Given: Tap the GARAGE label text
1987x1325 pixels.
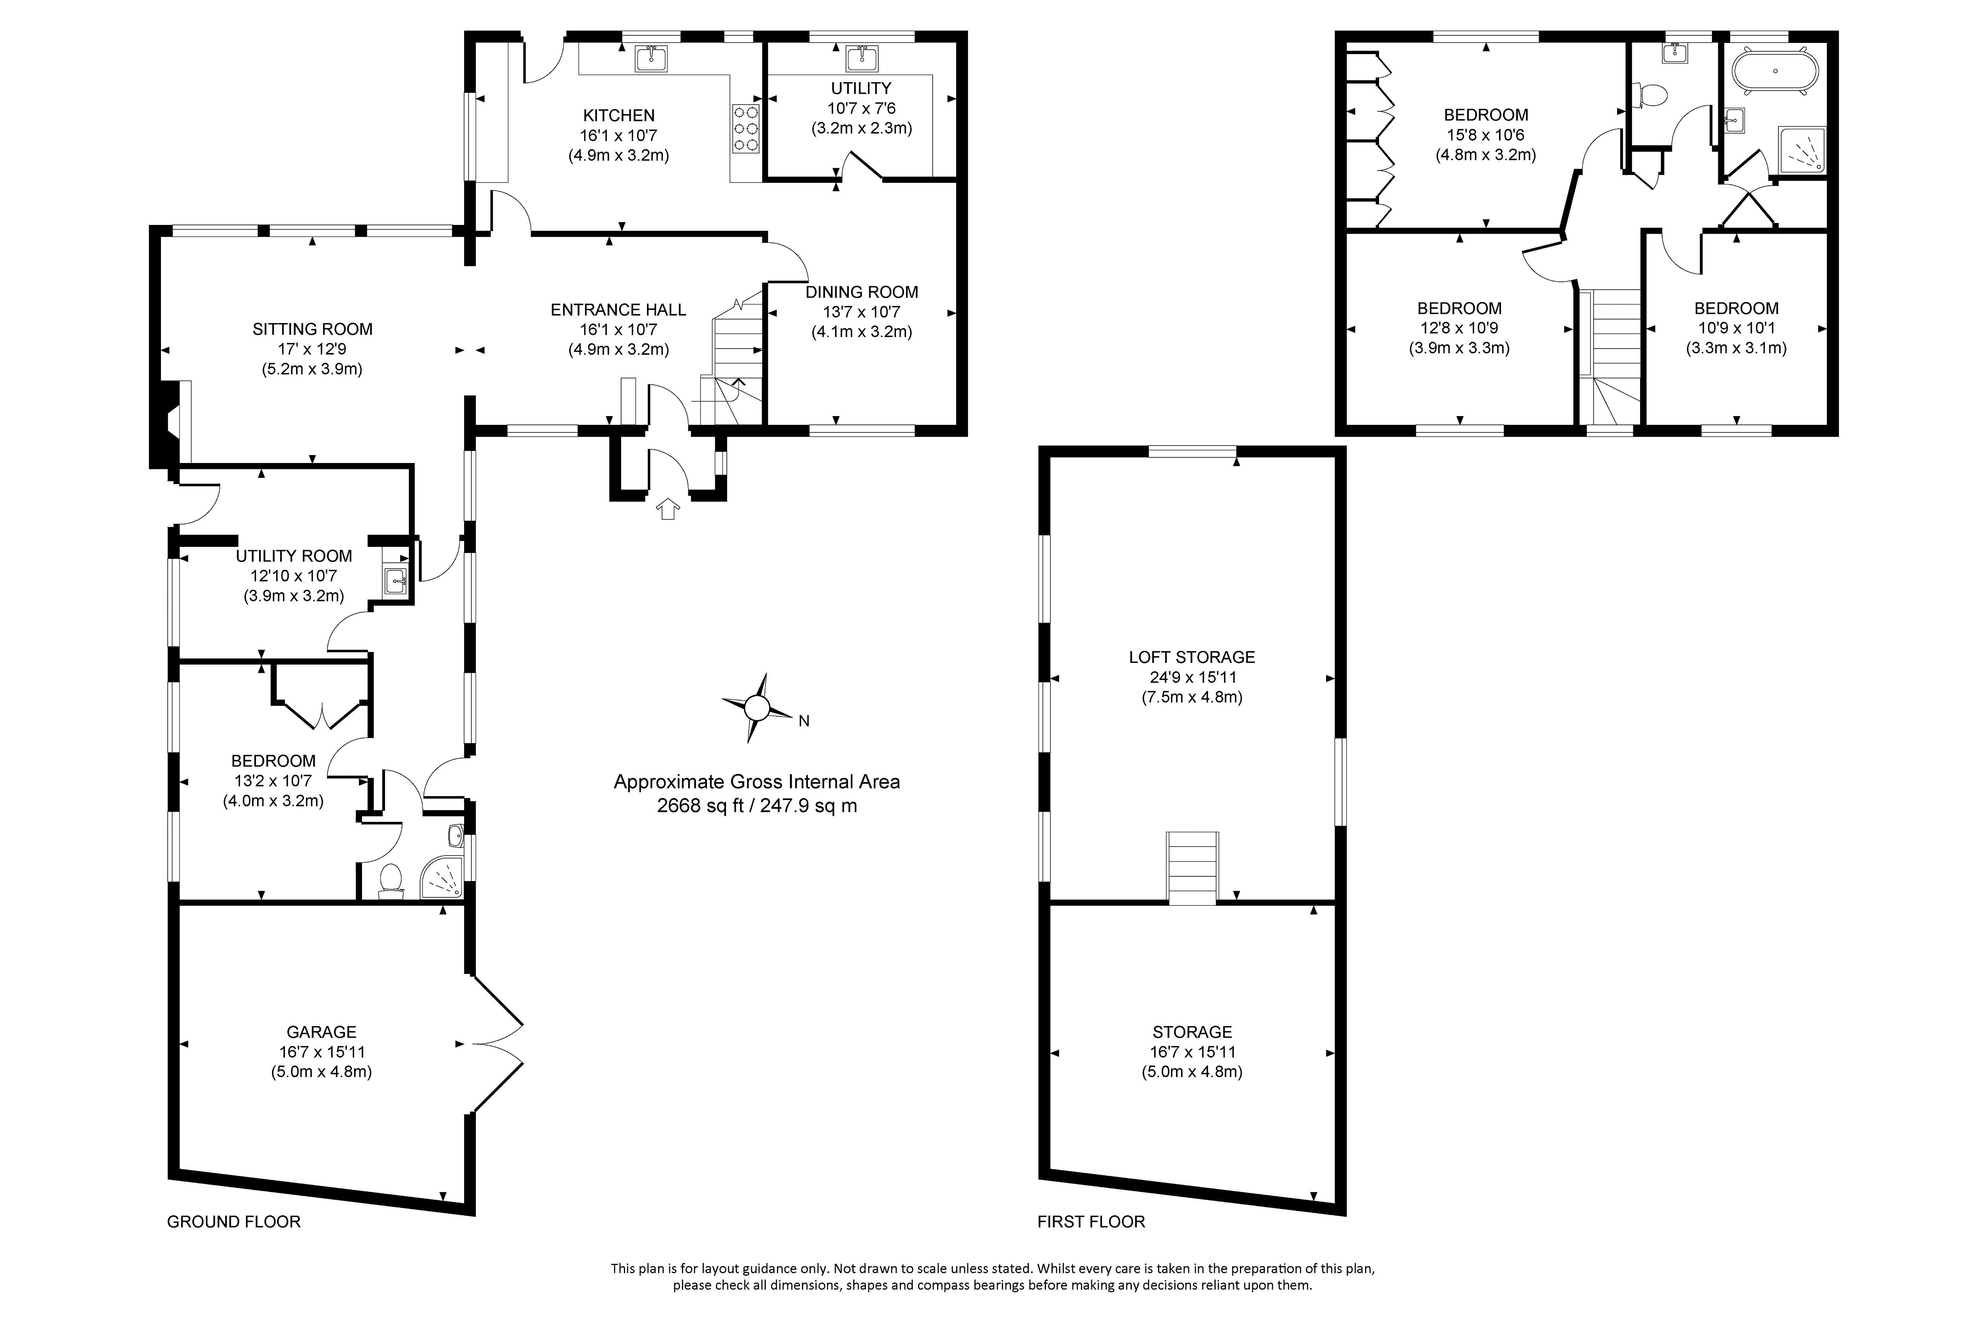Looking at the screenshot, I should click(x=321, y=1032).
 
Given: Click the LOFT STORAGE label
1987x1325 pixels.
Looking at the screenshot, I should click(x=1191, y=657).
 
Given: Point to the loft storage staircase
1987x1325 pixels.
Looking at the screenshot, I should click(x=1192, y=868).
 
